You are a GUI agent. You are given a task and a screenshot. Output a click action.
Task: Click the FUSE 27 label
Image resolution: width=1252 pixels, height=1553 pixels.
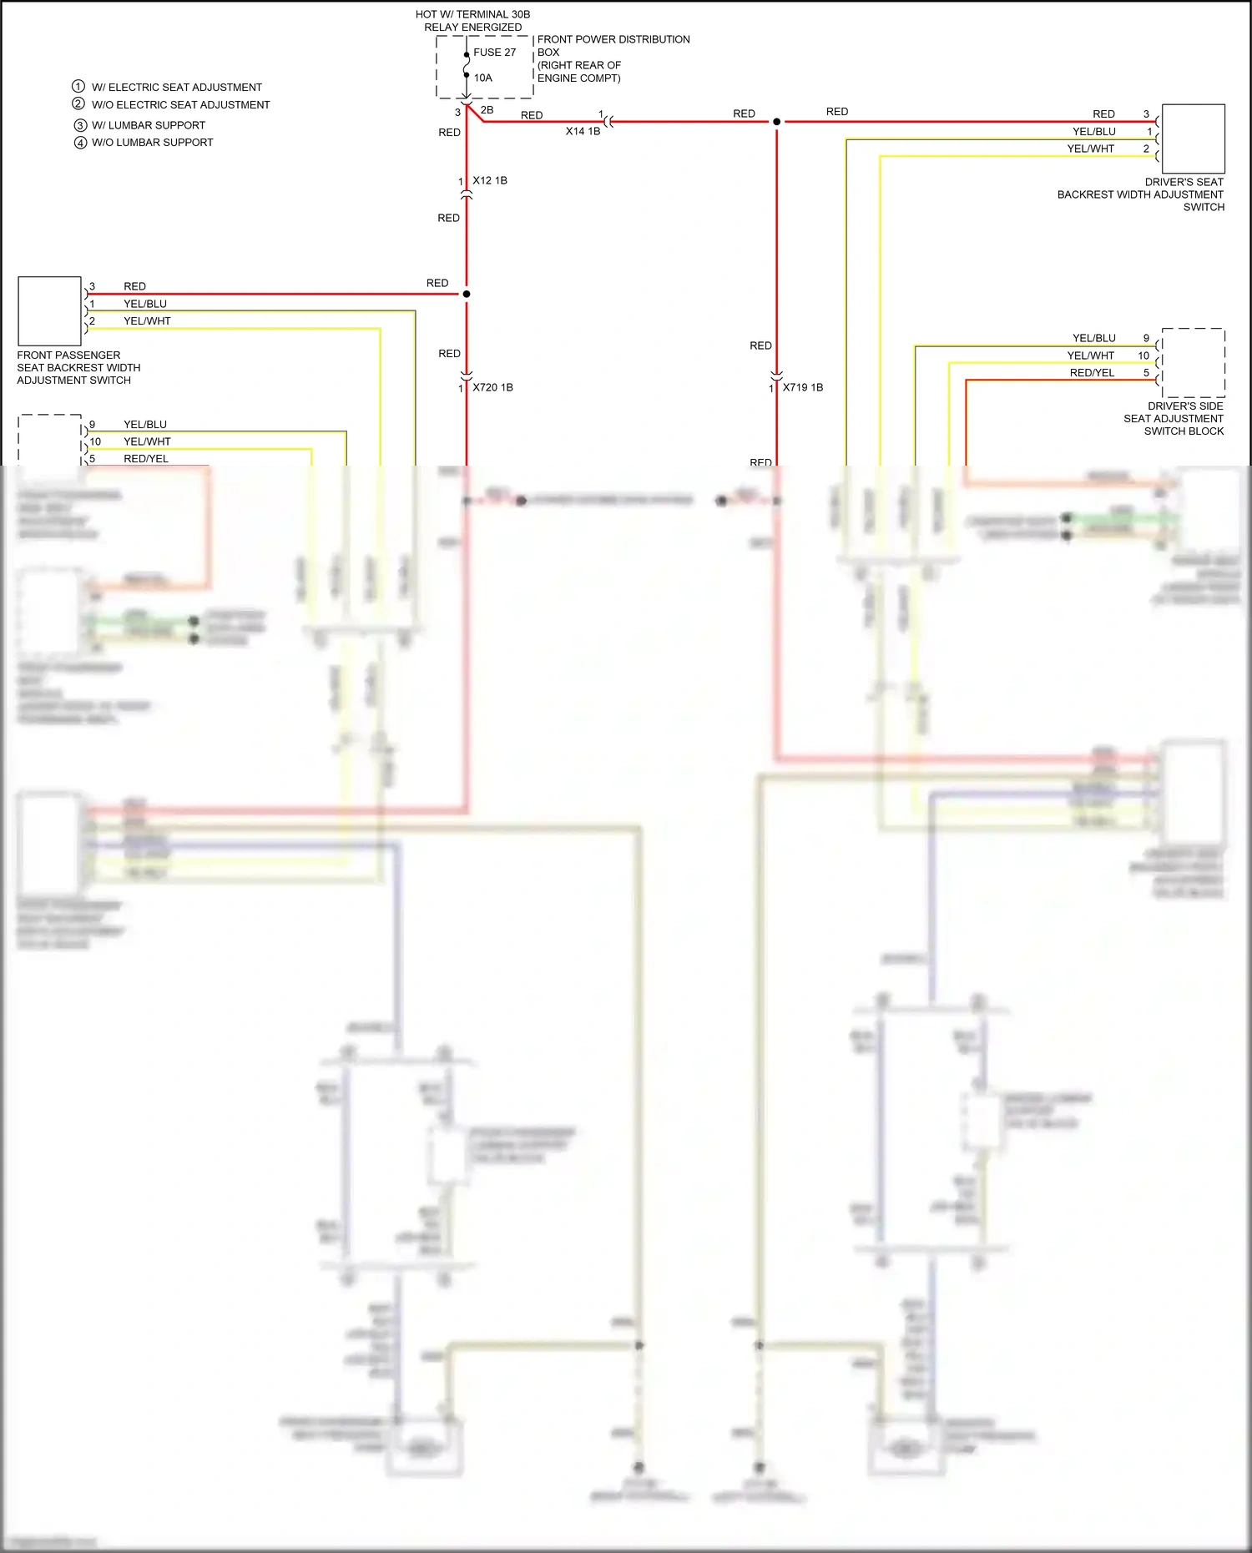[494, 52]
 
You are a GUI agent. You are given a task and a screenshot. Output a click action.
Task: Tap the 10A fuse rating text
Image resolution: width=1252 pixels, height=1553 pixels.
[482, 78]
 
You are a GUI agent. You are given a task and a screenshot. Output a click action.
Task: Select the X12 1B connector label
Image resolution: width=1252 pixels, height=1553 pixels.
[489, 180]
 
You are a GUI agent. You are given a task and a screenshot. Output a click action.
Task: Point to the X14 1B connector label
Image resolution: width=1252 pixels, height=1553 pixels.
[583, 131]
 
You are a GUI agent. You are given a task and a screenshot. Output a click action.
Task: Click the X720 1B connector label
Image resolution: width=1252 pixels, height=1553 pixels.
[492, 387]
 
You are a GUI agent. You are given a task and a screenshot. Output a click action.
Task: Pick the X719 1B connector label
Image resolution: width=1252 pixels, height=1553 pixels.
[802, 387]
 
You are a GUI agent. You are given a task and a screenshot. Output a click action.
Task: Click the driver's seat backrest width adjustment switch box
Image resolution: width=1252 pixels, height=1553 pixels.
[1193, 139]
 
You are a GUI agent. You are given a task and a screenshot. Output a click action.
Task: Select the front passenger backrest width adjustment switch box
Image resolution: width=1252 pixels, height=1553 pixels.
[49, 310]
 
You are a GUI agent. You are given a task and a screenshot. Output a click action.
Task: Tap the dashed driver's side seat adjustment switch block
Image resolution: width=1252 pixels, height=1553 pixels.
[1193, 362]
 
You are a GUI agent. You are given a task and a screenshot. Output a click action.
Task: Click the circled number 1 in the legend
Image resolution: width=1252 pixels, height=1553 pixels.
[78, 87]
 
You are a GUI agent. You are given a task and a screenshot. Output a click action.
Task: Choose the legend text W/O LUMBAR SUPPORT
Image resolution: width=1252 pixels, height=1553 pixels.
[152, 143]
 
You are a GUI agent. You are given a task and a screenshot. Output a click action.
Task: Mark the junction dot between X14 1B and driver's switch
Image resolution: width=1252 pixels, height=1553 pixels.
[776, 122]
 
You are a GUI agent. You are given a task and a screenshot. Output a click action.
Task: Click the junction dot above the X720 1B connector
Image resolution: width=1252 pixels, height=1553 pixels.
[467, 294]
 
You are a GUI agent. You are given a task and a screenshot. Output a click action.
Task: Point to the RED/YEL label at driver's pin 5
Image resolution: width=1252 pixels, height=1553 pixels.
[1092, 373]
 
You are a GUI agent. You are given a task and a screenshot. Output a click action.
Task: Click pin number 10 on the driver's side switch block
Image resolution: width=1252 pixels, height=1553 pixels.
[1143, 355]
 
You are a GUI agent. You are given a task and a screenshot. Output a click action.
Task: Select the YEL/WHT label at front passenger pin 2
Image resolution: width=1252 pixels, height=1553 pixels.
[147, 321]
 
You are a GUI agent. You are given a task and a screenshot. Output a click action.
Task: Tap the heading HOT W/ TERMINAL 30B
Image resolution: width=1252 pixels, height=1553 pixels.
[472, 14]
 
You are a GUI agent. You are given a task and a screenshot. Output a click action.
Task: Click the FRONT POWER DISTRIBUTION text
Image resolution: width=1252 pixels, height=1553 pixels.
[613, 39]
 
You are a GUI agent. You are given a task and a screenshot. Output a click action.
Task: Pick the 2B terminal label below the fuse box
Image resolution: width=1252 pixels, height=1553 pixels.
[487, 110]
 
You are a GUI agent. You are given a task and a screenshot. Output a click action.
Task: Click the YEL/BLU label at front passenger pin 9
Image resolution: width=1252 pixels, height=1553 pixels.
[145, 425]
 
